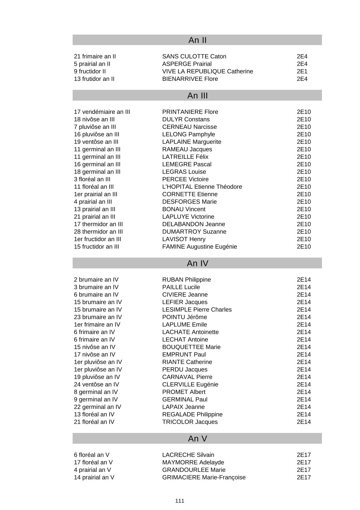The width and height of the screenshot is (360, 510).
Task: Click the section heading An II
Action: [x=197, y=40]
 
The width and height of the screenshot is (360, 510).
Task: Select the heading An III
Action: [x=197, y=96]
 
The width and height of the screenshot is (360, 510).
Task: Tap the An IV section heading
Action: [x=197, y=263]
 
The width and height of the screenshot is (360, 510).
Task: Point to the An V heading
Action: [x=197, y=438]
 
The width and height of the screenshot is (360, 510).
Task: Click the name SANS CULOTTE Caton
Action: [x=194, y=56]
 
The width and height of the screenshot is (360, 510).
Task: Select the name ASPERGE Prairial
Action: [x=187, y=64]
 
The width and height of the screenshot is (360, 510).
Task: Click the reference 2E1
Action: [x=302, y=72]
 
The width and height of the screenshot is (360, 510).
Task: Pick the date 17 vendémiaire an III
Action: [x=102, y=112]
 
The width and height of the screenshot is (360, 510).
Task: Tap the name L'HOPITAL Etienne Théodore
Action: [x=202, y=187]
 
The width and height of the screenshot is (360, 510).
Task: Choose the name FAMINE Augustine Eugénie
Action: [x=200, y=247]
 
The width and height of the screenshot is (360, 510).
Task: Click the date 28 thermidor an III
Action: [x=98, y=232]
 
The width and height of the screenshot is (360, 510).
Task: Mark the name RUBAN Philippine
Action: [x=187, y=280]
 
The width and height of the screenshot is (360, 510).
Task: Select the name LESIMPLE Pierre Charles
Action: [x=197, y=310]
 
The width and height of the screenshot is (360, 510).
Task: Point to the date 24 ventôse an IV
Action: [x=97, y=384]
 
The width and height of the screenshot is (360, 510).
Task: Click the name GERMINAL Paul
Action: [x=185, y=400]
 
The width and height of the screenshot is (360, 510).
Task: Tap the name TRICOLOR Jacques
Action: [x=190, y=422]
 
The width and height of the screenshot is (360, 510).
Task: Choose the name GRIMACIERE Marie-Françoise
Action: [x=204, y=477]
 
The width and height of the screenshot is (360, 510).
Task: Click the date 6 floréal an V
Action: [x=92, y=455]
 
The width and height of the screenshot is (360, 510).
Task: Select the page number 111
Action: [x=180, y=501]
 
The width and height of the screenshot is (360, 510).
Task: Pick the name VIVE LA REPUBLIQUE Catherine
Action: [x=207, y=72]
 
